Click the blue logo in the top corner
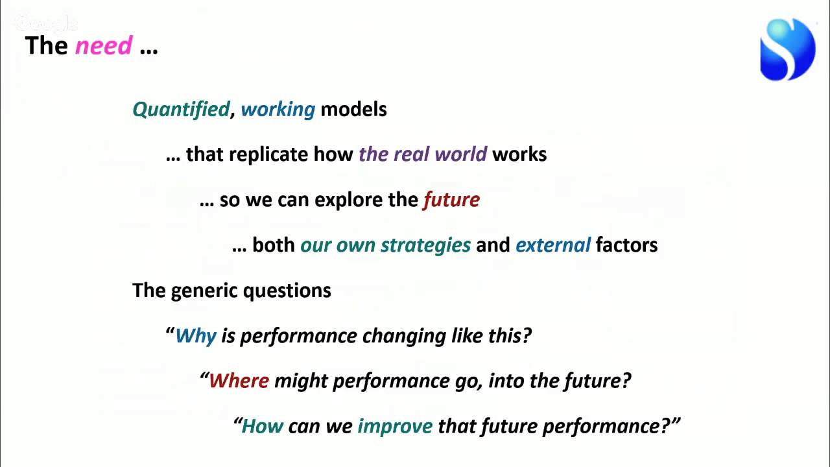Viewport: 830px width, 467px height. (x=787, y=49)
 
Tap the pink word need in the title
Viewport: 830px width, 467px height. (x=104, y=46)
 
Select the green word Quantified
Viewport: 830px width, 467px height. (x=181, y=109)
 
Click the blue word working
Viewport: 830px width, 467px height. (x=278, y=109)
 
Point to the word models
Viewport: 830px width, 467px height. (x=353, y=109)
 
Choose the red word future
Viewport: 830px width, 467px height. (x=451, y=200)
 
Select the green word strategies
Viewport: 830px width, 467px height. (x=425, y=245)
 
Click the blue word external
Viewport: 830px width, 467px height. (x=552, y=245)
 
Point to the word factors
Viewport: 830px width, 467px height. (x=626, y=245)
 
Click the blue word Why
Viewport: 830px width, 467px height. (x=195, y=336)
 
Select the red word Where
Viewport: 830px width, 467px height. (x=239, y=381)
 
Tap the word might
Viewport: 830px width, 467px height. (x=301, y=381)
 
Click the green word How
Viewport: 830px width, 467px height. (x=262, y=426)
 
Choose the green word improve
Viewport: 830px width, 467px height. (x=395, y=426)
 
